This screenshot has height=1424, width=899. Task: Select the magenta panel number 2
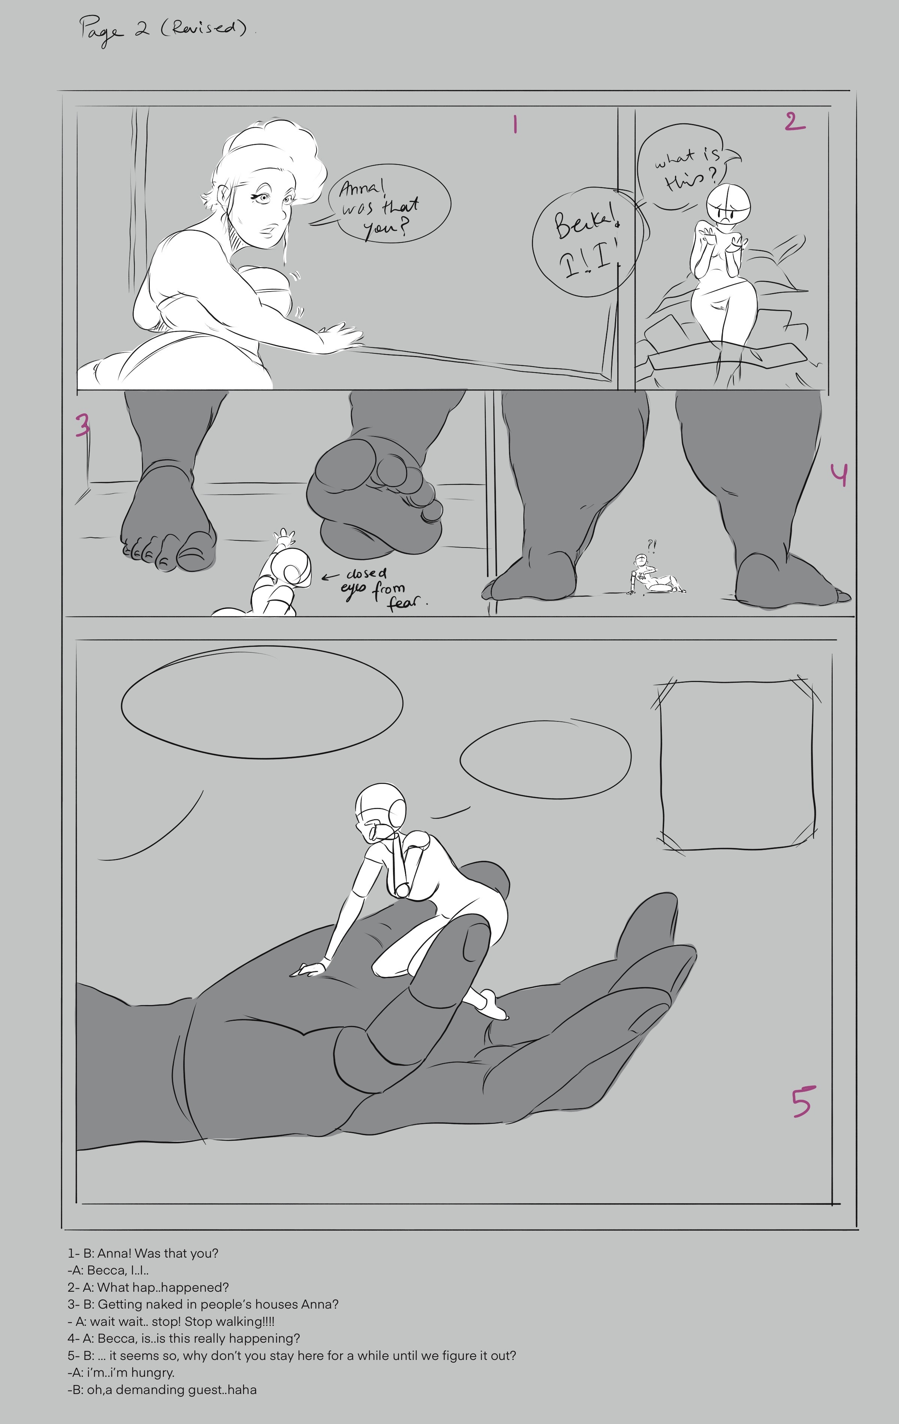pyautogui.click(x=795, y=121)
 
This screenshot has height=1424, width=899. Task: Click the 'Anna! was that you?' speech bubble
pyautogui.click(x=387, y=203)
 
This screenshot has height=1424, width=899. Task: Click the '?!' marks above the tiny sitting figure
pyautogui.click(x=651, y=544)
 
